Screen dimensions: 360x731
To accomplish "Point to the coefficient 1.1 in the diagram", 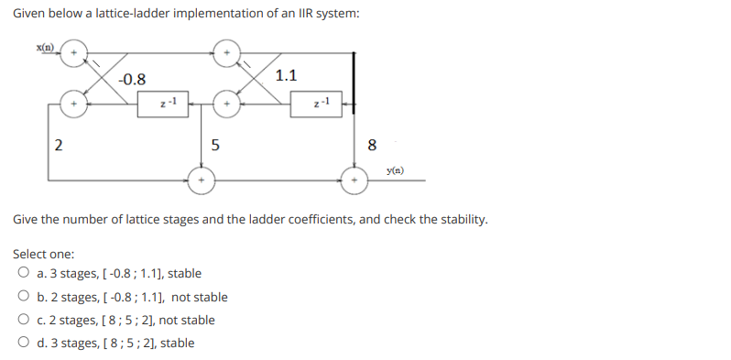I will (x=286, y=75).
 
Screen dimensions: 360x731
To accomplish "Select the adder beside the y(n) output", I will (x=354, y=180).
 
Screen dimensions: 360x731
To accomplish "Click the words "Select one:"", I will (x=44, y=254).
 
